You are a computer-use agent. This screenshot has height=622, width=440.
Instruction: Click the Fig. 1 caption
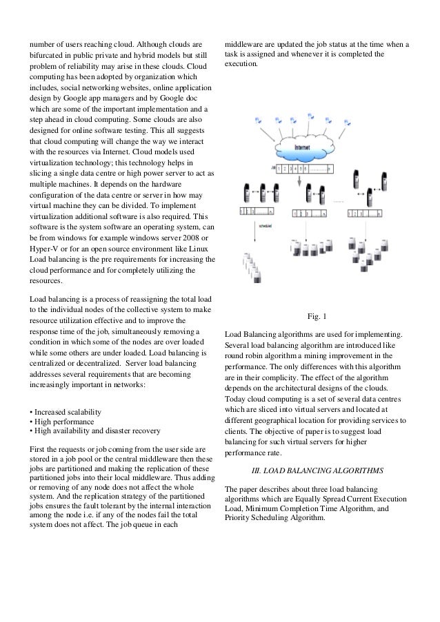(317, 316)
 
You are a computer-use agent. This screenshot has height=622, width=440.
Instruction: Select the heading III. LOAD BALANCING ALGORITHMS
(317, 470)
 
